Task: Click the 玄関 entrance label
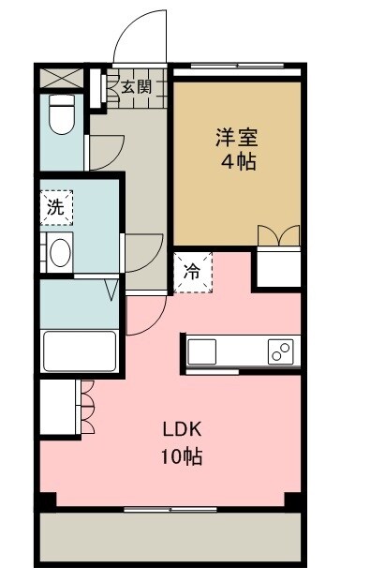click(135, 87)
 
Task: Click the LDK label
click(183, 430)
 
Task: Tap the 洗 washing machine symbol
click(57, 208)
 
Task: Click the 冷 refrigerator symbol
click(191, 272)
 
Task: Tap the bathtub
click(80, 351)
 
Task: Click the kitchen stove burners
click(279, 352)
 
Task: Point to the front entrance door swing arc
click(141, 37)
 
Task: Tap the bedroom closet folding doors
click(278, 236)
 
